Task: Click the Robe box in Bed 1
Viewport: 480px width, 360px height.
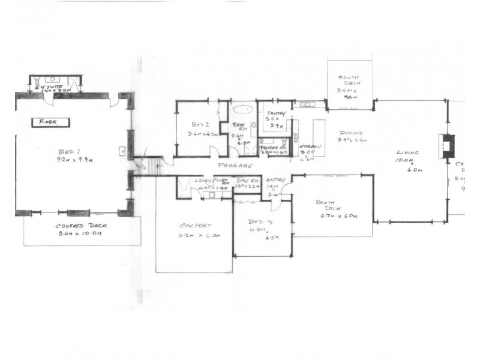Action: [48, 122]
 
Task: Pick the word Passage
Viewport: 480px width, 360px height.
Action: [236, 166]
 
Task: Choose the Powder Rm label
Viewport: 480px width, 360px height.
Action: [273, 146]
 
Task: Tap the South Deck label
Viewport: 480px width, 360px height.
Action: [348, 78]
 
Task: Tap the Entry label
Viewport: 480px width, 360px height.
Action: [277, 181]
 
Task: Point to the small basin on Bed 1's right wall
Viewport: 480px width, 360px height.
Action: [122, 151]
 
